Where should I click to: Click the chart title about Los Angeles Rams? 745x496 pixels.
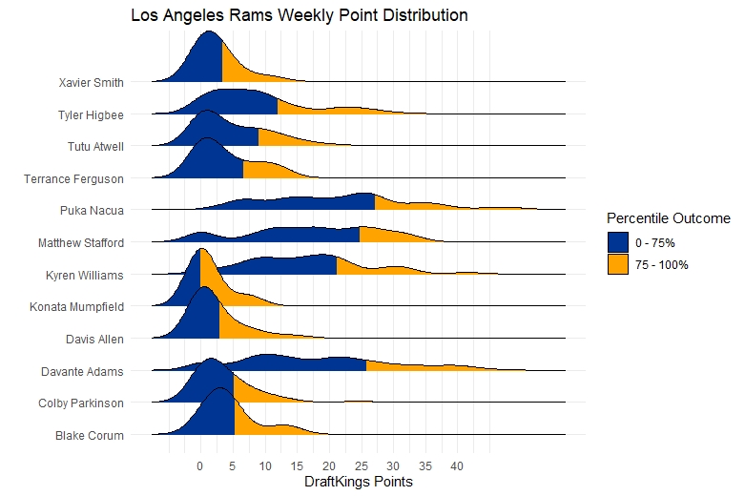tap(299, 16)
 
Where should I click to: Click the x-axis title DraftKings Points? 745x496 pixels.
tap(358, 483)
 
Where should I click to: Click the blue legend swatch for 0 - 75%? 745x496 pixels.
tap(617, 242)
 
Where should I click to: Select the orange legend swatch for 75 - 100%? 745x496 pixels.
tap(617, 264)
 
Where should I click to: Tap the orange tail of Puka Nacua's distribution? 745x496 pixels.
tap(410, 204)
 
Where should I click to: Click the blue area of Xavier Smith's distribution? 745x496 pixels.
tap(205, 62)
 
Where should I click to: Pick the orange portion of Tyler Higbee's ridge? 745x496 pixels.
tap(324, 110)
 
